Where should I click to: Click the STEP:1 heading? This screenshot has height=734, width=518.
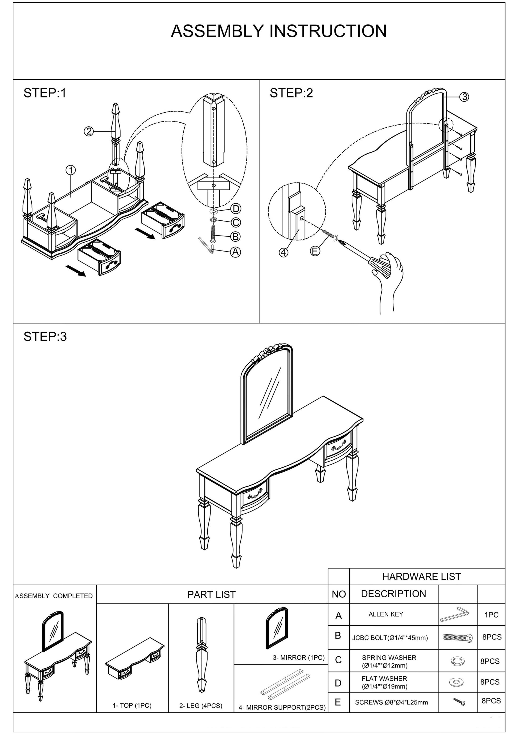coord(45,93)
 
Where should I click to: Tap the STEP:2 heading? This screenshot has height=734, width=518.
coord(291,93)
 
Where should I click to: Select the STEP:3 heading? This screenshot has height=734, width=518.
coord(45,337)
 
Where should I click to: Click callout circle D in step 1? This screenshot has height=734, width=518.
coord(236,209)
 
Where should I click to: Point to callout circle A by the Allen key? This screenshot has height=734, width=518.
coord(236,252)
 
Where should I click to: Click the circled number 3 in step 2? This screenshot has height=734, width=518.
coord(464,96)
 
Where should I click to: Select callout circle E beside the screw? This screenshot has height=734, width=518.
coord(315,251)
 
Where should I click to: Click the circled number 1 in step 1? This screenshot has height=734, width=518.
coord(71,170)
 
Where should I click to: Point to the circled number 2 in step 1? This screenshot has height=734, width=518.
coord(89,131)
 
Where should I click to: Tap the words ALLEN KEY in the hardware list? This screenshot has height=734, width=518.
coord(386,614)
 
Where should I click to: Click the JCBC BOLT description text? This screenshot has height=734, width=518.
coord(390,638)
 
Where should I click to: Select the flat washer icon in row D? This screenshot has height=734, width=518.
coord(457,683)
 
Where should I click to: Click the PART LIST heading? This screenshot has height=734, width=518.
coord(211,594)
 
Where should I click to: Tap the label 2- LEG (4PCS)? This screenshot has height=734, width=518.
coord(200,705)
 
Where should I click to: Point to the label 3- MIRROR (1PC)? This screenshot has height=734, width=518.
coord(298,657)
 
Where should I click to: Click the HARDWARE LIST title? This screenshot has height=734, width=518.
coord(422,576)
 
